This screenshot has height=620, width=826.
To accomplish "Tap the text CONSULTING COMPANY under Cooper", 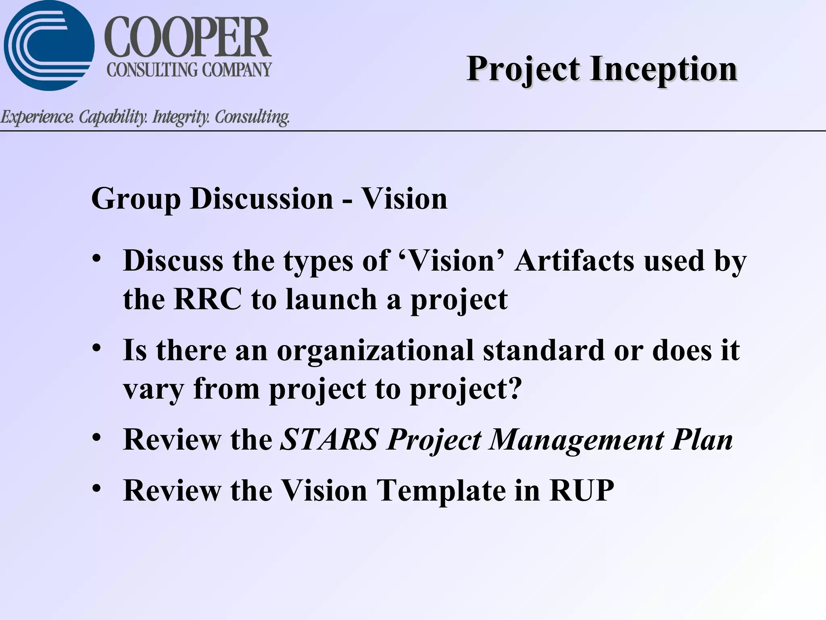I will point(189,70).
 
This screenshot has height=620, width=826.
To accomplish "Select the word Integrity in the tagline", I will point(181,117).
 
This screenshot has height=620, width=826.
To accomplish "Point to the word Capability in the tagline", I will point(113,117).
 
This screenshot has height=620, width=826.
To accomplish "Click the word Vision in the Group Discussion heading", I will point(404,199).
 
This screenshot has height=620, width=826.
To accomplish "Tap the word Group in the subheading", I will point(136,199).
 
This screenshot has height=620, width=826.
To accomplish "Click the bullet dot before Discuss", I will point(96,259).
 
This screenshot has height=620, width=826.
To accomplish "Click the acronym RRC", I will point(208,300).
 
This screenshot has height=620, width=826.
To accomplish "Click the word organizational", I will point(375,351).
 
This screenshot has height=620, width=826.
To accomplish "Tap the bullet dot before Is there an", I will point(96,348).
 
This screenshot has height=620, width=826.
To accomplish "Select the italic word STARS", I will point(329,440).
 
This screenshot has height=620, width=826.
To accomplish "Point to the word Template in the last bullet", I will point(441,491).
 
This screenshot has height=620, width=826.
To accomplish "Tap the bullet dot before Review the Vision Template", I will point(96,488).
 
